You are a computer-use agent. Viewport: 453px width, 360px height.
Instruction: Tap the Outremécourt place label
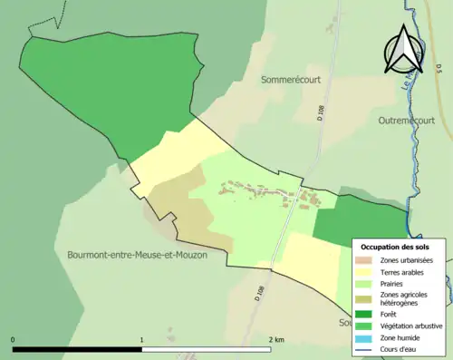(x=409, y=120)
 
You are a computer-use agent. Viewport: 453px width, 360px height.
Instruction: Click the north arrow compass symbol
(x=400, y=50)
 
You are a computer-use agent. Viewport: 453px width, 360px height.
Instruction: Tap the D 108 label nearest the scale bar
(x=258, y=292)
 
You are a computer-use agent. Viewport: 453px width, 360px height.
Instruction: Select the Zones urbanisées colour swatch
(x=365, y=260)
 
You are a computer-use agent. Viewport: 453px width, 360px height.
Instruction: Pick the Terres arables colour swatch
(x=365, y=271)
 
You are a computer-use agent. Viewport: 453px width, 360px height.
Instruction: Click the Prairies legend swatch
(x=365, y=283)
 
